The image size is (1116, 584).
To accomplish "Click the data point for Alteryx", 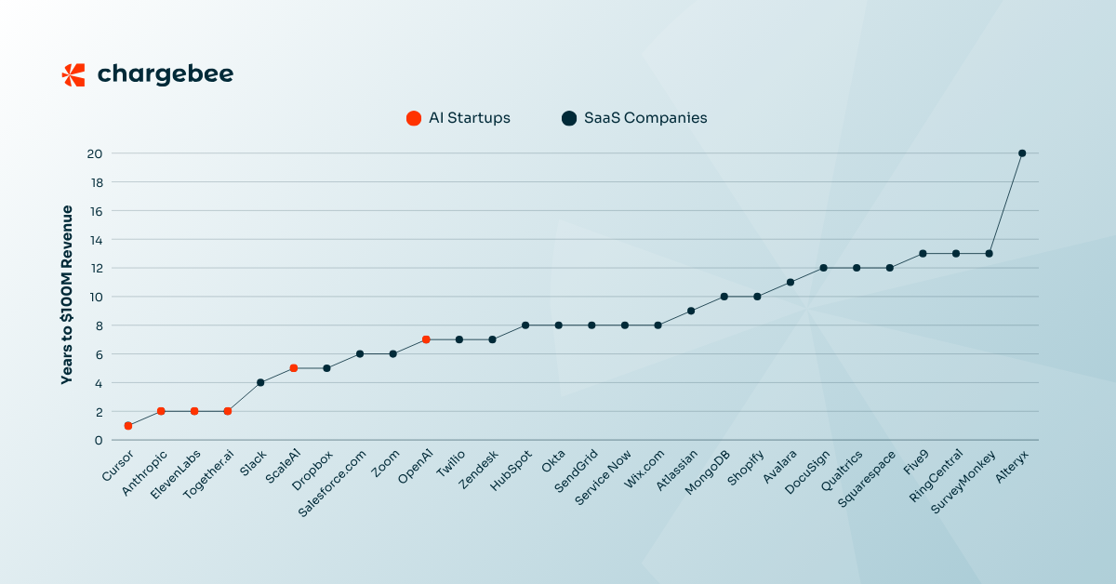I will [x=1022, y=153].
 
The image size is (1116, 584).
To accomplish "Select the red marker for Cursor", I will [x=128, y=426].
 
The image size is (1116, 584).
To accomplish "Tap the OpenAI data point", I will [x=426, y=339].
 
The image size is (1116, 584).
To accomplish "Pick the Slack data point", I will [x=260, y=382].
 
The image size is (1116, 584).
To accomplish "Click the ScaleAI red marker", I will [x=294, y=368].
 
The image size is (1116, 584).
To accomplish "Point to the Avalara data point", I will [x=790, y=282].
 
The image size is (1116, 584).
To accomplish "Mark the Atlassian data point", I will [x=691, y=311].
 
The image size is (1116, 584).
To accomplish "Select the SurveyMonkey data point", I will [x=989, y=253].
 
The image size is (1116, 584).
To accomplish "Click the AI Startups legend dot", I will [x=414, y=118].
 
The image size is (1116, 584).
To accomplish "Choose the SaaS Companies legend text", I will [x=645, y=118].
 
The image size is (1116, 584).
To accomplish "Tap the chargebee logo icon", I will [x=73, y=74].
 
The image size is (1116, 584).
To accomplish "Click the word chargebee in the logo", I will [x=166, y=74].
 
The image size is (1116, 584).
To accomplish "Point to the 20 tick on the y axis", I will [x=94, y=153].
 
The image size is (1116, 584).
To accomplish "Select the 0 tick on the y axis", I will [x=98, y=440].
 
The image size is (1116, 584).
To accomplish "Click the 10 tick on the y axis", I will [x=94, y=297].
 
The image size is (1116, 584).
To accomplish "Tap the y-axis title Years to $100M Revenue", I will [x=67, y=297].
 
